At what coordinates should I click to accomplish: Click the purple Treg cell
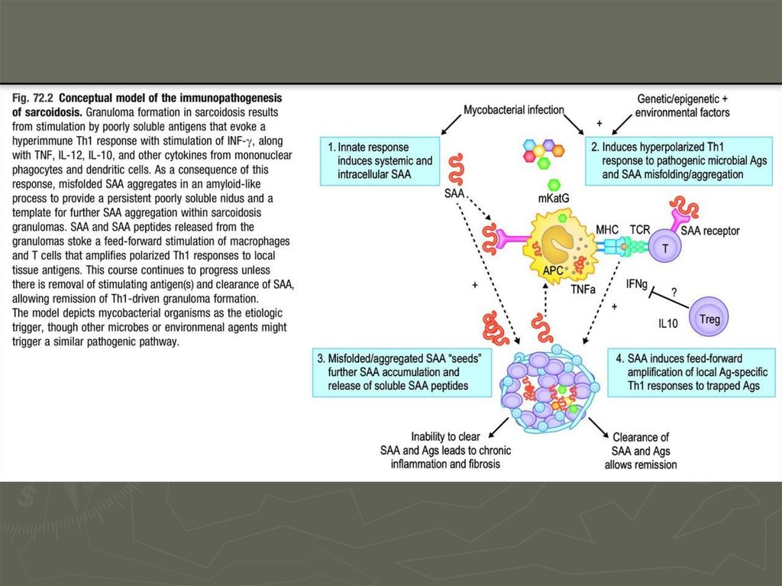tap(709, 319)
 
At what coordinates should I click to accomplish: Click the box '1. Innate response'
tap(377, 160)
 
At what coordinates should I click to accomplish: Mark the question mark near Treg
tap(673, 290)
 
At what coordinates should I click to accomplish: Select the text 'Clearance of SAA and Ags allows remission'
tap(641, 450)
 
